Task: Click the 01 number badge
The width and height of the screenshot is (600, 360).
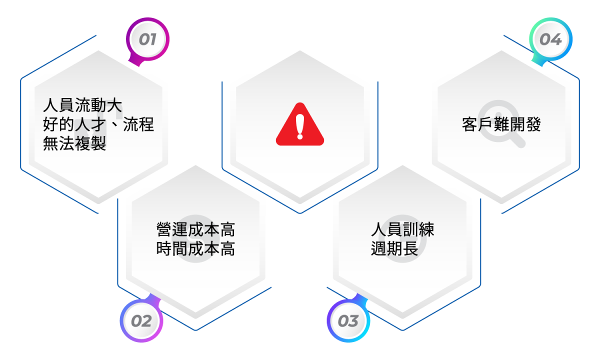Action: [147, 39]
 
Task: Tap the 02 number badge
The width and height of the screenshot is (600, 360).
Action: [141, 320]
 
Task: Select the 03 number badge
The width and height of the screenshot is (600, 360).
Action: [348, 320]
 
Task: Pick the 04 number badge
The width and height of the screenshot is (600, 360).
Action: [550, 39]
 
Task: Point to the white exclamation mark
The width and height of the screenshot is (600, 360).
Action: [300, 127]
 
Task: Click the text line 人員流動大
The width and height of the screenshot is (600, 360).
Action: [82, 105]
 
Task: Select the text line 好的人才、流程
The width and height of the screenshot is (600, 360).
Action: [98, 124]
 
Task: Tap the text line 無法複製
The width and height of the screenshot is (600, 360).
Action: [74, 143]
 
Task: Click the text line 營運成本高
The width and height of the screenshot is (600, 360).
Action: [196, 229]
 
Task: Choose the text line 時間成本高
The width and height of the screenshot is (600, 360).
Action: [196, 248]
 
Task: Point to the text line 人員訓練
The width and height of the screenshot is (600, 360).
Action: [402, 229]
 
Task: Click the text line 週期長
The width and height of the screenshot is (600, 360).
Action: [394, 248]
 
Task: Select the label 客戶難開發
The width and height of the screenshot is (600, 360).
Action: [501, 124]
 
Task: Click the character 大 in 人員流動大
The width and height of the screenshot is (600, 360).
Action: [114, 105]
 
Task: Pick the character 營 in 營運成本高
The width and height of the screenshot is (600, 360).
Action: [164, 229]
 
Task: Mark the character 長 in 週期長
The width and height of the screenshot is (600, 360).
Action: [410, 248]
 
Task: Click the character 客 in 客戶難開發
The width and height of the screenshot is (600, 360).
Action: [469, 124]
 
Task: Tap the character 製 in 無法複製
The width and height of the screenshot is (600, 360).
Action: [98, 143]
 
